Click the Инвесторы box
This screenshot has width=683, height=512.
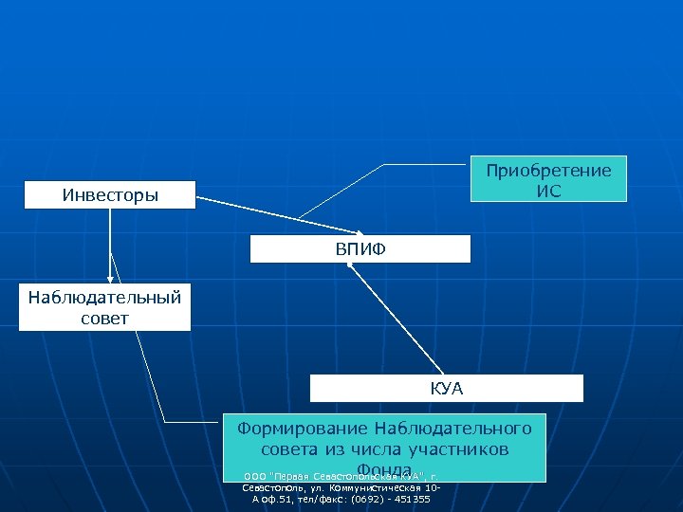click(110, 195)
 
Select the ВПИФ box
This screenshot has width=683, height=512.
click(360, 248)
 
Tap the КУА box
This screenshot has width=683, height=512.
click(446, 389)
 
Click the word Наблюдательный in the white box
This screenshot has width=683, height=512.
click(104, 297)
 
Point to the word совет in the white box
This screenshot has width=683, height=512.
click(104, 317)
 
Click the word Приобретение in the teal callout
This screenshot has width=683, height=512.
click(549, 170)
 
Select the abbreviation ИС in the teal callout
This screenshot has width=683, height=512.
click(549, 191)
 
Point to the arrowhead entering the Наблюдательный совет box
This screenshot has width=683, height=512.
click(110, 279)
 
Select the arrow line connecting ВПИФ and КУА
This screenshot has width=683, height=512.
click(397, 319)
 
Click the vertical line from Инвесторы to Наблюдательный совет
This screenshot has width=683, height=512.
click(110, 242)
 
